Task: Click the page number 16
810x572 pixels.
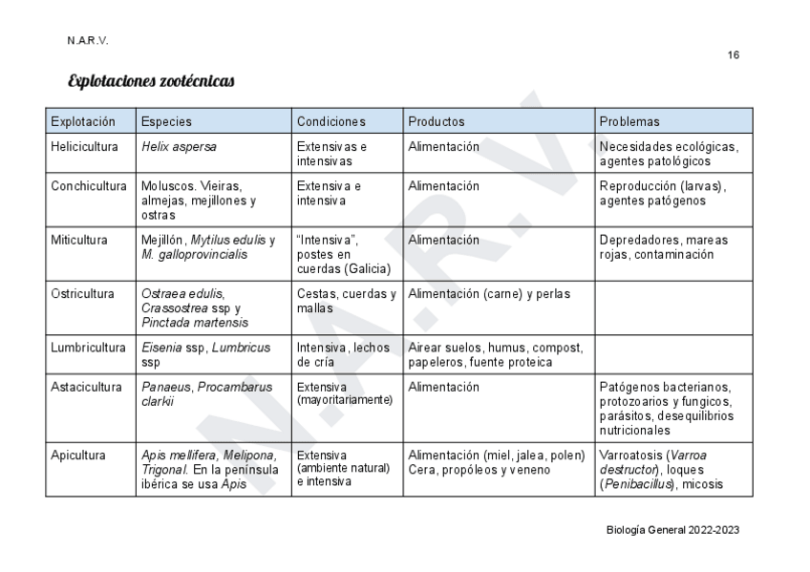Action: pyautogui.click(x=733, y=55)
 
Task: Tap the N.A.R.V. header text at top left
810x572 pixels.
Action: pyautogui.click(x=88, y=41)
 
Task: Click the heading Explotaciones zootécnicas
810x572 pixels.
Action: pyautogui.click(x=151, y=82)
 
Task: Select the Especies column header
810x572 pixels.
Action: pyautogui.click(x=166, y=121)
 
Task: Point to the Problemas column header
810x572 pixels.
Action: pyautogui.click(x=629, y=121)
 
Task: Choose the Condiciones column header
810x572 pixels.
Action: pyautogui.click(x=330, y=121)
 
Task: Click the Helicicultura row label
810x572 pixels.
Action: pyautogui.click(x=85, y=147)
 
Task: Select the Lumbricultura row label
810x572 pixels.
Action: pyautogui.click(x=88, y=348)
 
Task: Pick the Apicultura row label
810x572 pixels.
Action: pyautogui.click(x=78, y=455)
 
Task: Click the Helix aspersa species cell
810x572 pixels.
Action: pyautogui.click(x=179, y=147)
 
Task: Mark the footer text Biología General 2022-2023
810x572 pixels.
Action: pyautogui.click(x=672, y=530)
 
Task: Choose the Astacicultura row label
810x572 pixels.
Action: pyautogui.click(x=86, y=388)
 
